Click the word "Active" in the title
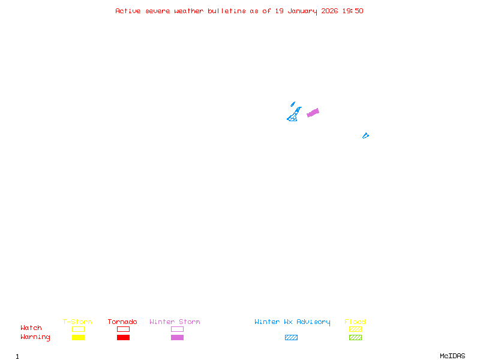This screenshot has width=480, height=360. pyautogui.click(x=128, y=11)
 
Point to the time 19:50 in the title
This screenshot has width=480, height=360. pyautogui.click(x=353, y=11)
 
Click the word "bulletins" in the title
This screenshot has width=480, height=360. pyautogui.click(x=227, y=11)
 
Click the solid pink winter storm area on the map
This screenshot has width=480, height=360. pyautogui.click(x=313, y=112)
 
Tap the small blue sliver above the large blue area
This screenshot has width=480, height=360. pyautogui.click(x=293, y=104)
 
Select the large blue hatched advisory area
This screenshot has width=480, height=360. pyautogui.click(x=294, y=116)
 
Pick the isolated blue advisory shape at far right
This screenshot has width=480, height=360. pyautogui.click(x=365, y=136)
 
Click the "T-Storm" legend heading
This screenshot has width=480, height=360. pyautogui.click(x=77, y=322)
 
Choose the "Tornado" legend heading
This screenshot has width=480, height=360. pyautogui.click(x=122, y=322)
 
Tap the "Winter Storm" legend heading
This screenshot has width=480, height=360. pyautogui.click(x=175, y=322)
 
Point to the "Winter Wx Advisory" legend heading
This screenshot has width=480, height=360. pyautogui.click(x=292, y=322)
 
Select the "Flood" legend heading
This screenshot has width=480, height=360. pyautogui.click(x=355, y=322)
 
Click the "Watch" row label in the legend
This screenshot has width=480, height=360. pyautogui.click(x=31, y=328)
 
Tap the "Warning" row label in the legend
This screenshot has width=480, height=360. pyautogui.click(x=35, y=337)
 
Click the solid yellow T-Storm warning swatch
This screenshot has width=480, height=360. pyautogui.click(x=78, y=337)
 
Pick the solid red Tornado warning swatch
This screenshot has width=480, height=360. pyautogui.click(x=123, y=337)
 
